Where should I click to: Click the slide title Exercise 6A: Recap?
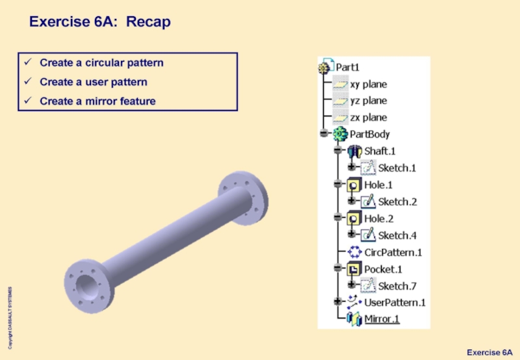click(x=99, y=22)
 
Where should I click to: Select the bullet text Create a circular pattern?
click(x=101, y=63)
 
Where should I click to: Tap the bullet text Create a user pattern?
click(x=93, y=82)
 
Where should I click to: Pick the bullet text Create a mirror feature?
click(x=97, y=101)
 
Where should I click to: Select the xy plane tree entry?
click(x=368, y=84)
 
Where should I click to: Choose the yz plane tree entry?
click(x=368, y=101)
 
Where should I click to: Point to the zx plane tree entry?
click(x=368, y=118)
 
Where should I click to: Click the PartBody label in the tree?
click(x=370, y=135)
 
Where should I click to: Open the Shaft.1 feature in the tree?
click(x=380, y=151)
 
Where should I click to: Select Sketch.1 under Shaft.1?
click(x=396, y=168)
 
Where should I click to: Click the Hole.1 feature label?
click(x=378, y=185)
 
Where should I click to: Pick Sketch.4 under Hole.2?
click(x=396, y=235)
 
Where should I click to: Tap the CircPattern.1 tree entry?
click(x=393, y=252)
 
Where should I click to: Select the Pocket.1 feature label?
click(x=383, y=269)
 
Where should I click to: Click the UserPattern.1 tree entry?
click(x=395, y=302)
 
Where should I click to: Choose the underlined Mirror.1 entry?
click(x=382, y=319)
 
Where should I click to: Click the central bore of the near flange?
click(x=86, y=285)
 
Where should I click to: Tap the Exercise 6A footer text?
click(x=489, y=352)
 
